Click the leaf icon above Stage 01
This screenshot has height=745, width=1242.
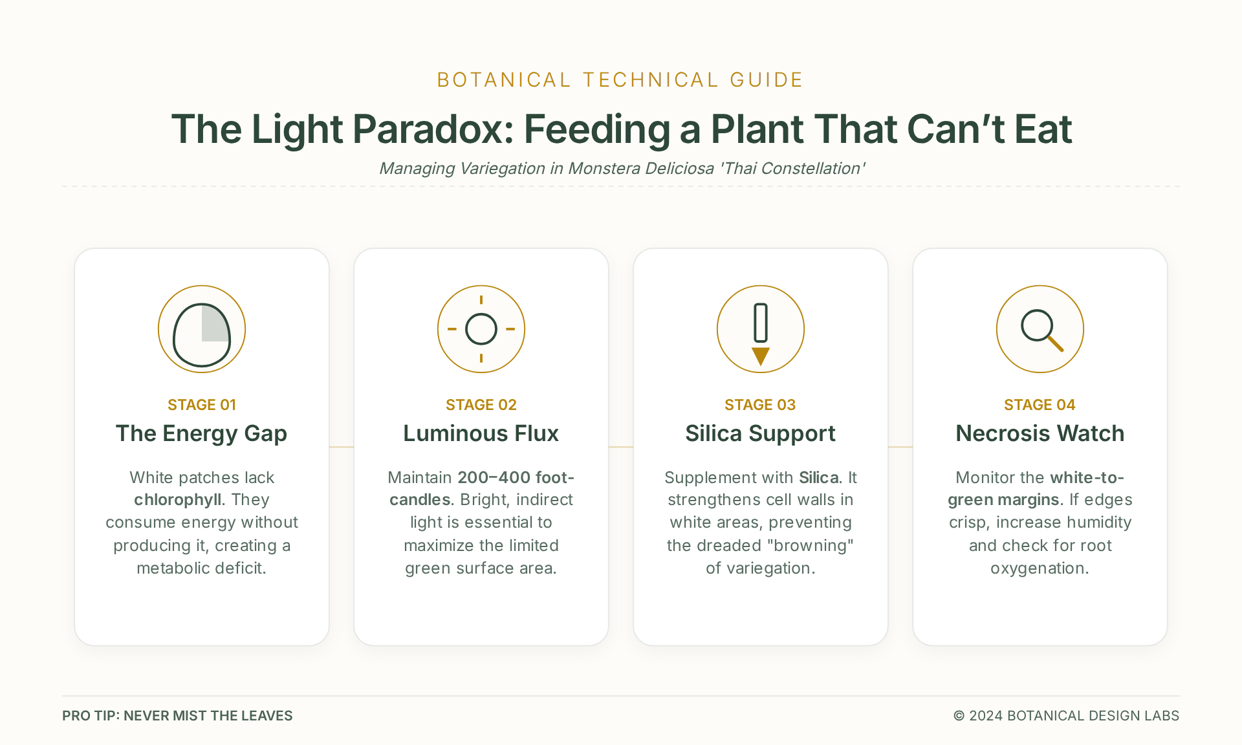coord(202,329)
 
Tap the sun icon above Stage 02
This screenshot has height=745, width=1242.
coord(481,329)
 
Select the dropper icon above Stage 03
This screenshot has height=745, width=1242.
coord(761,329)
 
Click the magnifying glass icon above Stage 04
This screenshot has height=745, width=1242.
coord(1040,329)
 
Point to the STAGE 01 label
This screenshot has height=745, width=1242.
coord(202,405)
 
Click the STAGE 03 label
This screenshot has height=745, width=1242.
coord(760,405)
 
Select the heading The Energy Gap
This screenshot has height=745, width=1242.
coord(202,433)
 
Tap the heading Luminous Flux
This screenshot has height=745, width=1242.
coord(481,433)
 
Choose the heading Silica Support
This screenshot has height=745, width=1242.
coord(761,433)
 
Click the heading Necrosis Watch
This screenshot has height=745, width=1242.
coord(1040,433)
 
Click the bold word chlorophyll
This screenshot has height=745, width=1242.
coord(177,500)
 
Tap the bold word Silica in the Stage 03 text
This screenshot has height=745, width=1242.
coord(819,477)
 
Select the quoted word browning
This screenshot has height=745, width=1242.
coord(810,545)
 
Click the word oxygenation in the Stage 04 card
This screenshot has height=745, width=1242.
coord(1040,568)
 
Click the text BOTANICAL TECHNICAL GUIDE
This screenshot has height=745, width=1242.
coord(620,80)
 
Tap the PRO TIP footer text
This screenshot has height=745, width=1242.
coord(177,715)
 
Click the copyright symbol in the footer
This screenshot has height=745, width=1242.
coord(959,715)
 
